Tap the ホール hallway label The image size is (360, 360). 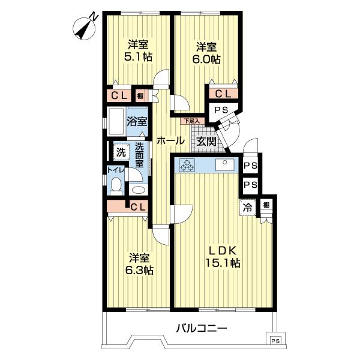[170, 141]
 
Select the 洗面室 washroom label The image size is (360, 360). [139, 155]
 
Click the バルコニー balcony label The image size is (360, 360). [202, 328]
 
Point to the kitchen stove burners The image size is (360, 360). [186, 164]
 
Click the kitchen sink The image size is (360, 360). [226, 164]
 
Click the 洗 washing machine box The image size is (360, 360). [120, 152]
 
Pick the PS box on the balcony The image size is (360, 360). [274, 340]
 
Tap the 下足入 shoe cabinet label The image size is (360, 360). [191, 121]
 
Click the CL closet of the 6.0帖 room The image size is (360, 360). [223, 94]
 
